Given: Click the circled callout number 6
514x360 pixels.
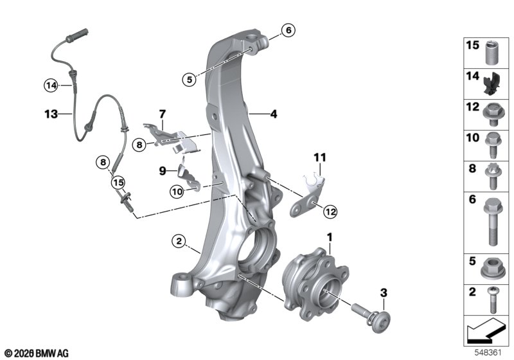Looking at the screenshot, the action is pyautogui.click(x=288, y=30).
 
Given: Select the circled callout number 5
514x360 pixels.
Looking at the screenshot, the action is pyautogui.click(x=190, y=79).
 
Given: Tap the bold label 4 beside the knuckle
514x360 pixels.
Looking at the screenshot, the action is pyautogui.click(x=274, y=114).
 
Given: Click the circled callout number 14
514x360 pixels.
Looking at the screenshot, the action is pyautogui.click(x=51, y=85).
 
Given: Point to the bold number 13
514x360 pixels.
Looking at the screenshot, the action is pyautogui.click(x=51, y=114).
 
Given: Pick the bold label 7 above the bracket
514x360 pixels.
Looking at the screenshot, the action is pyautogui.click(x=163, y=114).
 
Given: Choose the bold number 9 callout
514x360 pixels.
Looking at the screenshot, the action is pyautogui.click(x=163, y=171).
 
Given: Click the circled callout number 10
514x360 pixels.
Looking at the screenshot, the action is pyautogui.click(x=177, y=191).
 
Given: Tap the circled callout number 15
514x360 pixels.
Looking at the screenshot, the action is pyautogui.click(x=118, y=183).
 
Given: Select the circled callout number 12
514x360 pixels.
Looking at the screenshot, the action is pyautogui.click(x=330, y=212).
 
